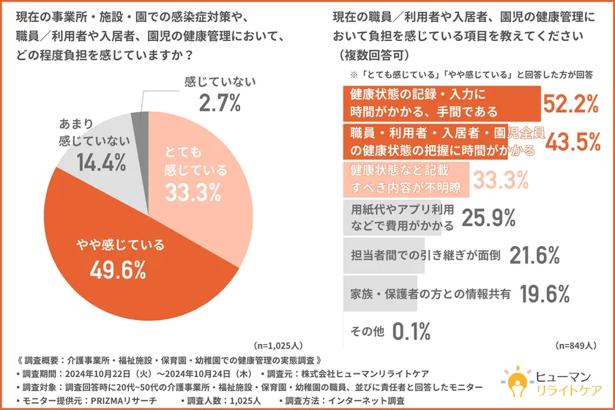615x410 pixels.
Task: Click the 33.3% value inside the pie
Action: (194, 192)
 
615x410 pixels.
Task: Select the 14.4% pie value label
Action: (92, 163)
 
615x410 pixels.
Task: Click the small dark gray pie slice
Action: (135, 117)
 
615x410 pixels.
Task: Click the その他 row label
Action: (368, 332)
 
